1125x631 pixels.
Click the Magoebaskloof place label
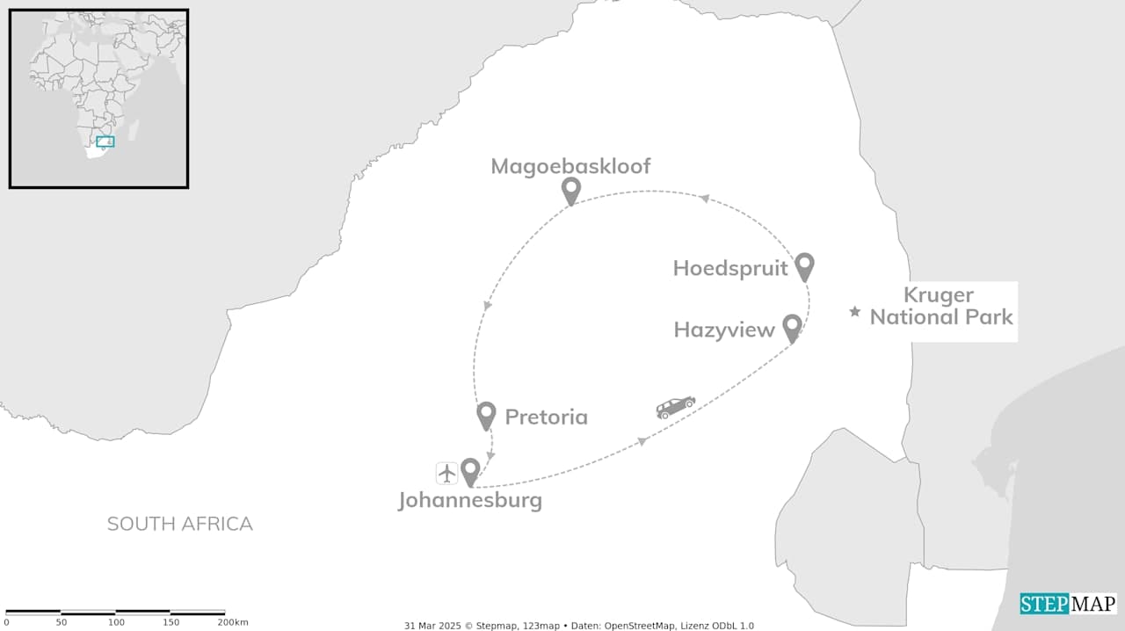pyautogui.click(x=570, y=166)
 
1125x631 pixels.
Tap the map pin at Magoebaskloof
pyautogui.click(x=571, y=189)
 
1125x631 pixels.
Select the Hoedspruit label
pyautogui.click(x=730, y=268)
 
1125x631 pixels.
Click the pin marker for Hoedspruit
pyautogui.click(x=804, y=265)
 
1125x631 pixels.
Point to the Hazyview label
pyautogui.click(x=724, y=330)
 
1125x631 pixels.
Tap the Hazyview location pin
pyautogui.click(x=792, y=327)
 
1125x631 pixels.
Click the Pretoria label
pyautogui.click(x=546, y=417)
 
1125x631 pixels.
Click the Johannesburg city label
pyautogui.click(x=470, y=501)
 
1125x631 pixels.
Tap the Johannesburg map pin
pyautogui.click(x=470, y=471)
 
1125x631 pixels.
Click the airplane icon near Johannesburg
pyautogui.click(x=447, y=473)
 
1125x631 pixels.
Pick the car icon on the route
pyautogui.click(x=675, y=406)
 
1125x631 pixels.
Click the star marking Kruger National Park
pyautogui.click(x=854, y=312)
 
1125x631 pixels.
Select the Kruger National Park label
pyautogui.click(x=941, y=306)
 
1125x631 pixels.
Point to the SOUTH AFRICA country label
pyautogui.click(x=179, y=524)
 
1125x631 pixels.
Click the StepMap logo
pyautogui.click(x=1068, y=604)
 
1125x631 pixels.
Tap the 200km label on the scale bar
pyautogui.click(x=233, y=622)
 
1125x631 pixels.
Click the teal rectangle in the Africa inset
pyautogui.click(x=105, y=141)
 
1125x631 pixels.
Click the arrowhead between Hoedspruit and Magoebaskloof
pyautogui.click(x=704, y=199)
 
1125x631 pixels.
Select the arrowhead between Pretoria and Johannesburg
pyautogui.click(x=490, y=456)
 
